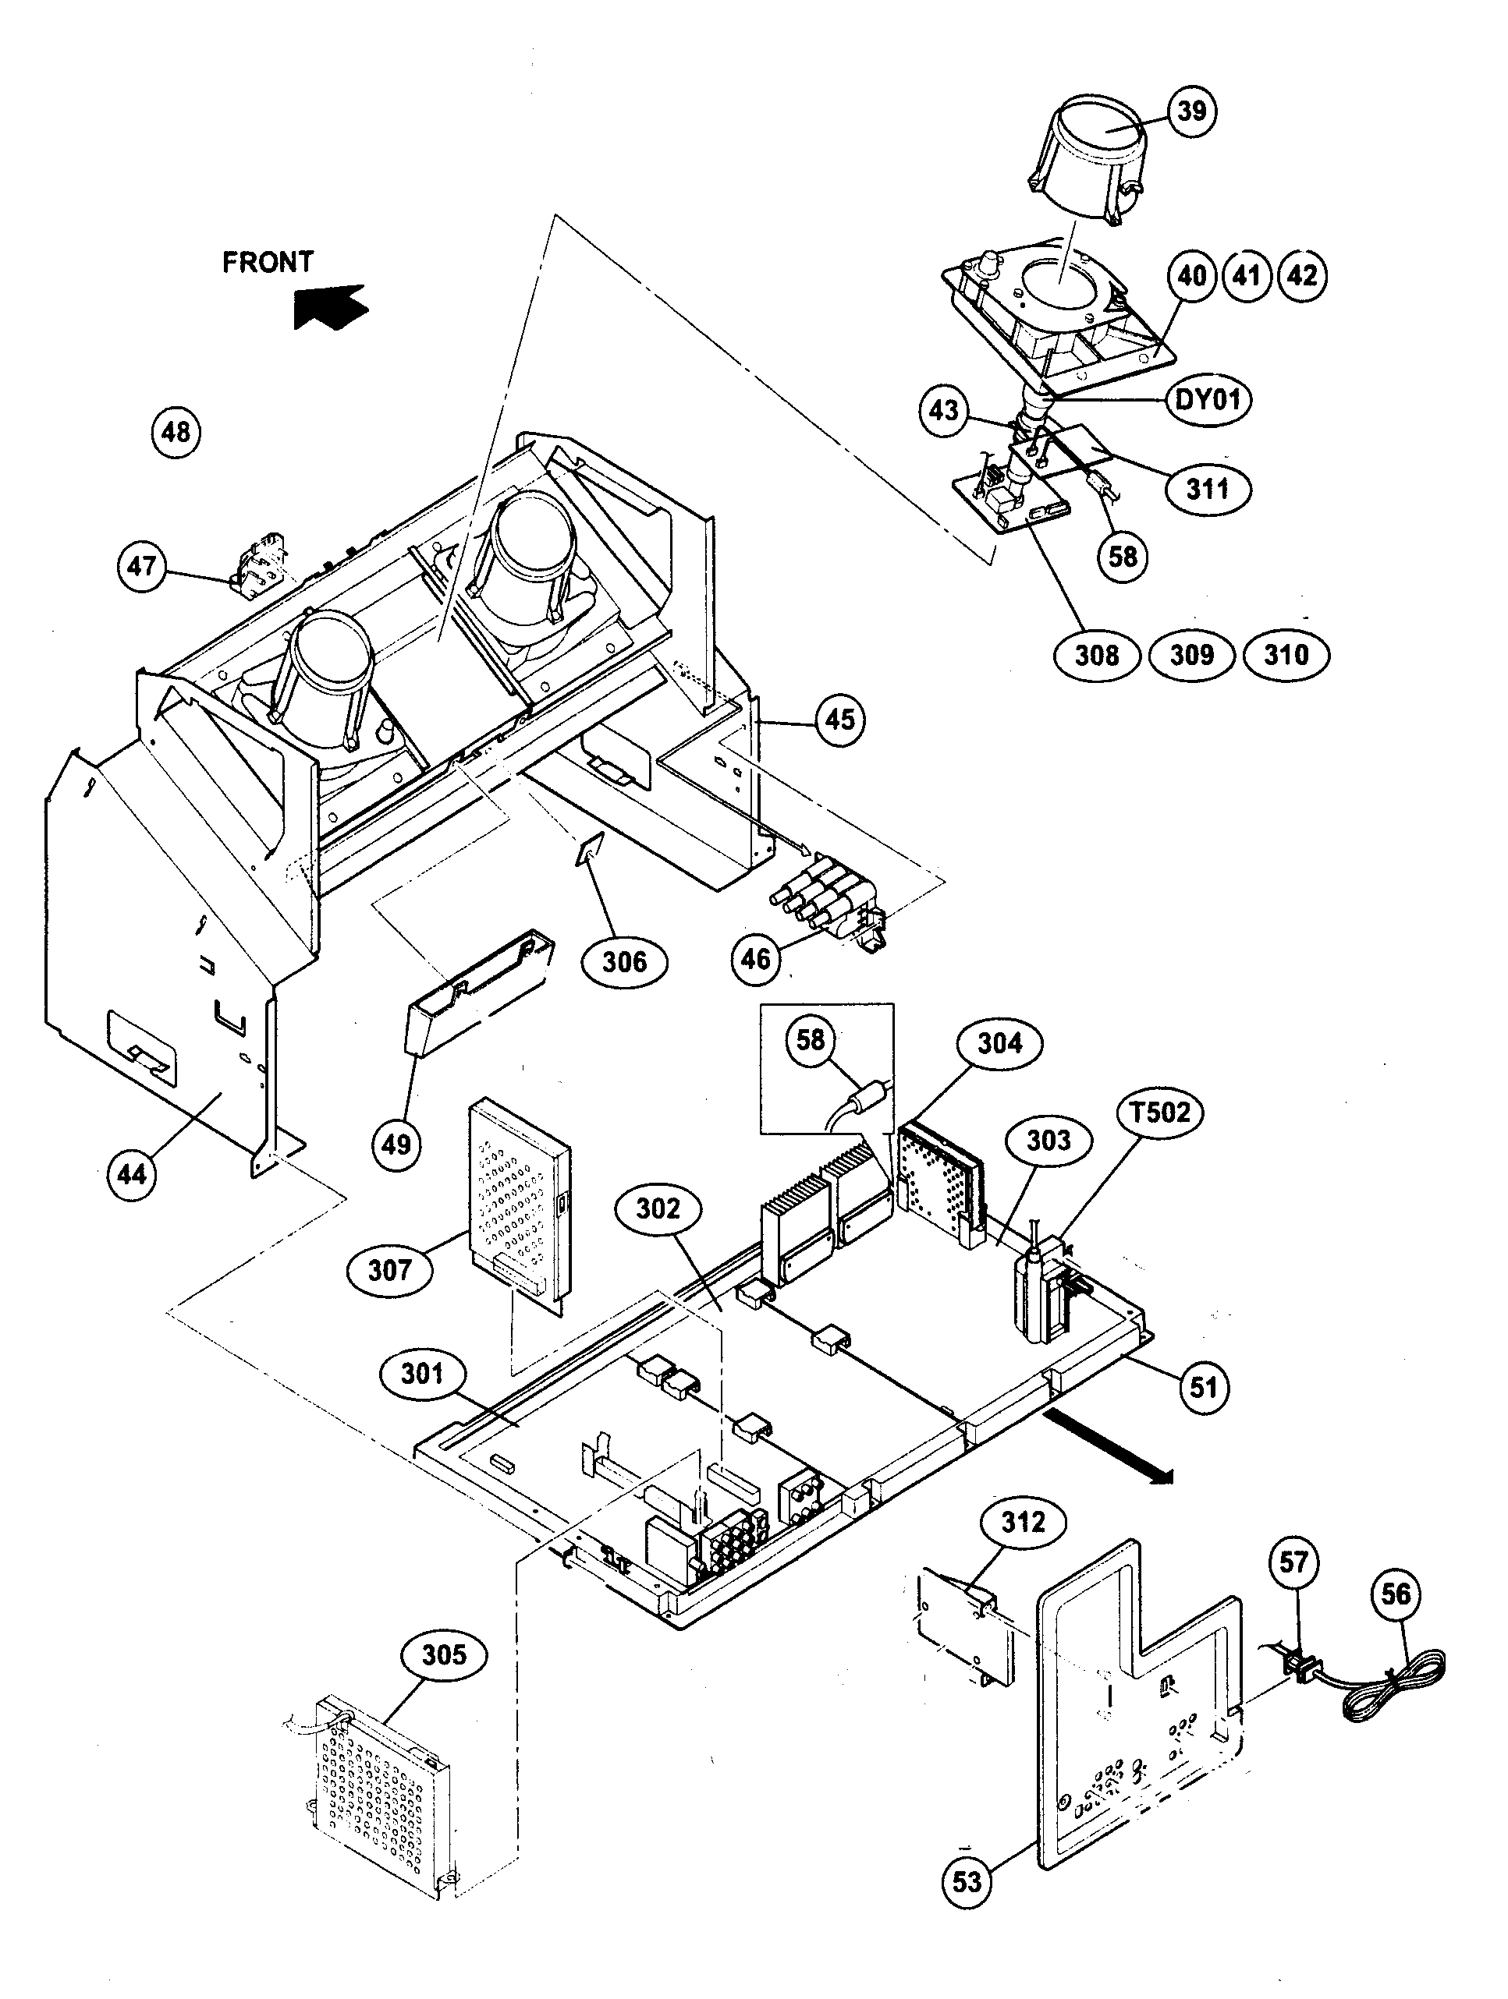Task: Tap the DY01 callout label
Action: point(1206,398)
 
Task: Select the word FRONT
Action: point(268,262)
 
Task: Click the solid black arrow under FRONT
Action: point(330,307)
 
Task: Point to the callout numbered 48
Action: point(176,432)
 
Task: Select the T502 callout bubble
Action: point(1161,1112)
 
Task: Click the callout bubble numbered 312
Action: point(1024,1522)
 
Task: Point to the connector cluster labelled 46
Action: point(823,897)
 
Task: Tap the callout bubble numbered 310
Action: point(1286,654)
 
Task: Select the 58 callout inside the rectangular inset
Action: point(809,1039)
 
